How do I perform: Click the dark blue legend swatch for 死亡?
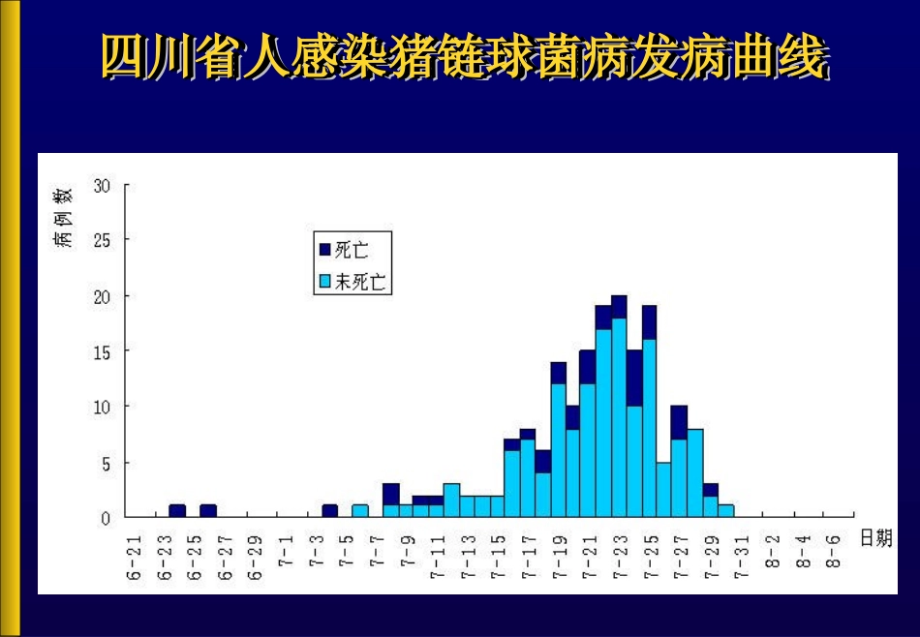coord(324,250)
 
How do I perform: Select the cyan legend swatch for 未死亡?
coord(324,283)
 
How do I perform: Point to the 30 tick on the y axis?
coord(102,184)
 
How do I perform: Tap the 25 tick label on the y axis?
coord(102,239)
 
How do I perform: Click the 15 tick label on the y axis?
coord(102,350)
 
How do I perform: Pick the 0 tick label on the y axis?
coord(106,517)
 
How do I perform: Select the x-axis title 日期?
coord(875,539)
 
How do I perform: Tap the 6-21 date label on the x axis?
coord(134,559)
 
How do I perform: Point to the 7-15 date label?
coord(498,559)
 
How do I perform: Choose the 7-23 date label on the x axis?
coord(619,559)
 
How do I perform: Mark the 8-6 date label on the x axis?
coord(832,555)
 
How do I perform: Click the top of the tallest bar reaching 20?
coord(619,298)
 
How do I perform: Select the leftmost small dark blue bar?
coord(177,510)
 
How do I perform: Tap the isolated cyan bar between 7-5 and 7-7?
coord(360,510)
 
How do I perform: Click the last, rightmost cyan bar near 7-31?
coord(726,510)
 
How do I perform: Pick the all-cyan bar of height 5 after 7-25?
coord(664,489)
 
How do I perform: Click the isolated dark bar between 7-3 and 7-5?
coord(329,510)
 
